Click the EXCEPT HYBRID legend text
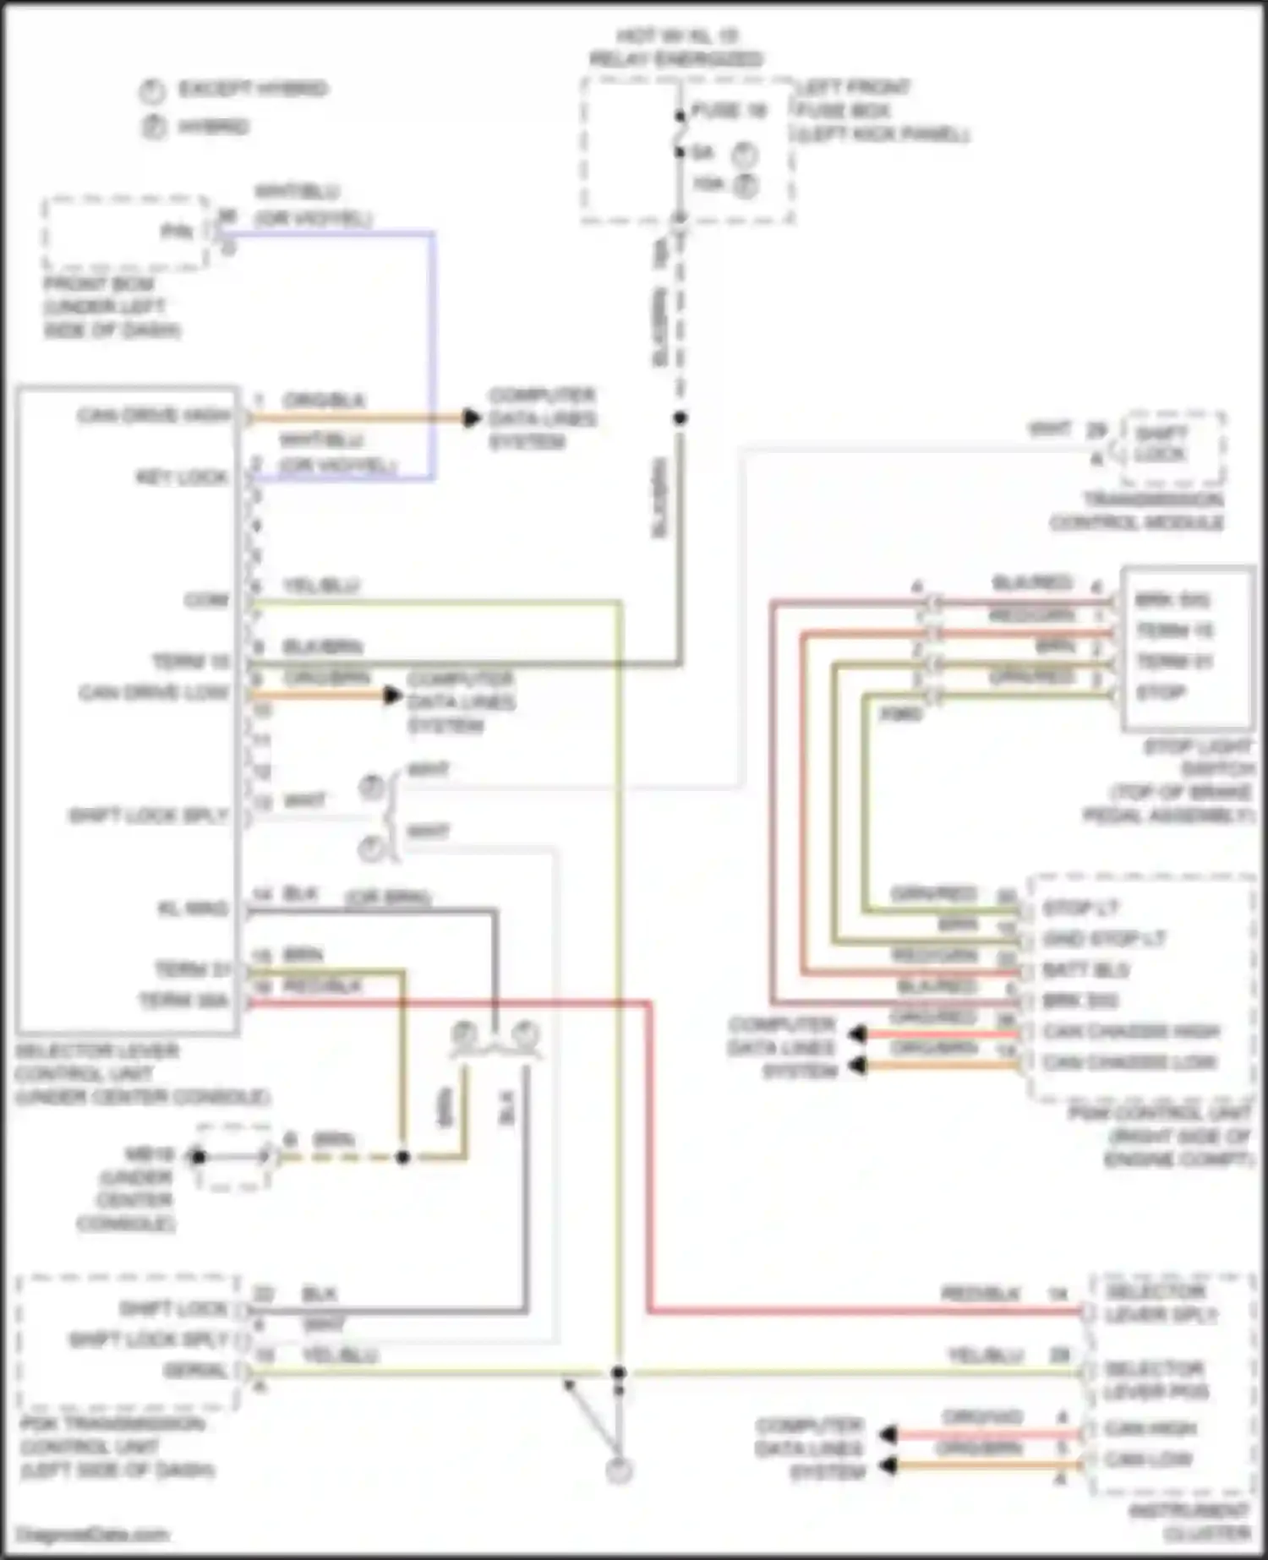point(252,89)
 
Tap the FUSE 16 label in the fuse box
point(729,111)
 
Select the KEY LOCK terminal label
point(182,477)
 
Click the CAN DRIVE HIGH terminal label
point(154,416)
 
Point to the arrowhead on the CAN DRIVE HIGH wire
point(471,417)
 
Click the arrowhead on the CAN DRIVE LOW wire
point(391,695)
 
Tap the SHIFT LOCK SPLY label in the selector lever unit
point(149,816)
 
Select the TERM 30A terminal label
point(183,1001)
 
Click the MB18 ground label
point(149,1154)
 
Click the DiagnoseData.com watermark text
point(92,1535)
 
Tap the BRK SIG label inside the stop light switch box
point(1172,600)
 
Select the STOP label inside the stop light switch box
point(1161,693)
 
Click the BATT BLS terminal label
point(1085,969)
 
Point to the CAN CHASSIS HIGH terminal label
point(1131,1031)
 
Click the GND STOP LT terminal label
point(1104,939)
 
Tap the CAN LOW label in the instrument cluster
point(1148,1459)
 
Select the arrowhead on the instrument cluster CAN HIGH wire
point(888,1434)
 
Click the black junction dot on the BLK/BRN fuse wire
point(680,417)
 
